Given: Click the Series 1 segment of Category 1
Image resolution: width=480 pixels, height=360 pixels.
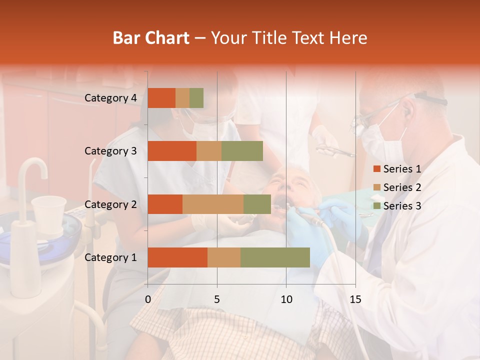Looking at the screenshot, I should tap(177, 257).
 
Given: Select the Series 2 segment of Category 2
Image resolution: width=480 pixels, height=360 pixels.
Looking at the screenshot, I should tap(213, 204).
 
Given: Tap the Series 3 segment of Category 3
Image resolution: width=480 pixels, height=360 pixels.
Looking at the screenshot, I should tap(242, 151).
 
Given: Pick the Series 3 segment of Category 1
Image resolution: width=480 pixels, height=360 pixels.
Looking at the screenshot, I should tap(275, 257).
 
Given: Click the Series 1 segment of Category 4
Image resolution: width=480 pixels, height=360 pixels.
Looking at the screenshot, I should tap(161, 98).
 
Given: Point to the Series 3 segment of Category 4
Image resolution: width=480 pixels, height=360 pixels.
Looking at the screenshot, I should tap(196, 98).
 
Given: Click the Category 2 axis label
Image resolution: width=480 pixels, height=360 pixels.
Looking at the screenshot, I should tap(110, 204).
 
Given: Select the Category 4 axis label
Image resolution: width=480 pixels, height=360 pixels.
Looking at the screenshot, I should tap(110, 98).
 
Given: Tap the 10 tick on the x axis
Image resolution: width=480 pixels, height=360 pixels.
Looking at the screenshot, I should tap(286, 299).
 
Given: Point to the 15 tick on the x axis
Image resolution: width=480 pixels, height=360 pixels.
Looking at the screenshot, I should tap(355, 299).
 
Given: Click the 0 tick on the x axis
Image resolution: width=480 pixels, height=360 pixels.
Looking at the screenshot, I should tap(148, 299).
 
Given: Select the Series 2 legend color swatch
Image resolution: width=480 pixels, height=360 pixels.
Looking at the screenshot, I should tap(376, 187).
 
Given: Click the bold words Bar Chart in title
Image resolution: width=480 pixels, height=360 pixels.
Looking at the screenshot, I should tap(151, 38).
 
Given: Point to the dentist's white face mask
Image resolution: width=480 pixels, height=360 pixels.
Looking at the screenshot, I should tap(382, 140).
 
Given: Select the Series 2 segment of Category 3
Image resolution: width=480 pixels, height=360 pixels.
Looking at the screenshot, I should tap(209, 151).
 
